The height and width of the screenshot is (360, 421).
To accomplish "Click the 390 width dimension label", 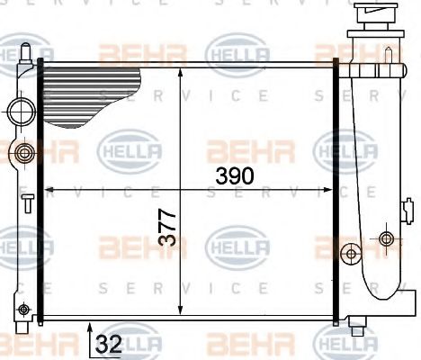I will pos(235,175).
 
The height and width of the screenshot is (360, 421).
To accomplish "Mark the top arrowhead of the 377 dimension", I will pos(183,70).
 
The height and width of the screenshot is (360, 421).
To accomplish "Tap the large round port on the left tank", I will pos(20,112).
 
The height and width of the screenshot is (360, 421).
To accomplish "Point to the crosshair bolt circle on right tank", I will pos(387,238).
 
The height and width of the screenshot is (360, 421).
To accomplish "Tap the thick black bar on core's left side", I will pos(40,189).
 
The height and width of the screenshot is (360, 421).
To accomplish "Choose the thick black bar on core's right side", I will pos(337,189).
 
